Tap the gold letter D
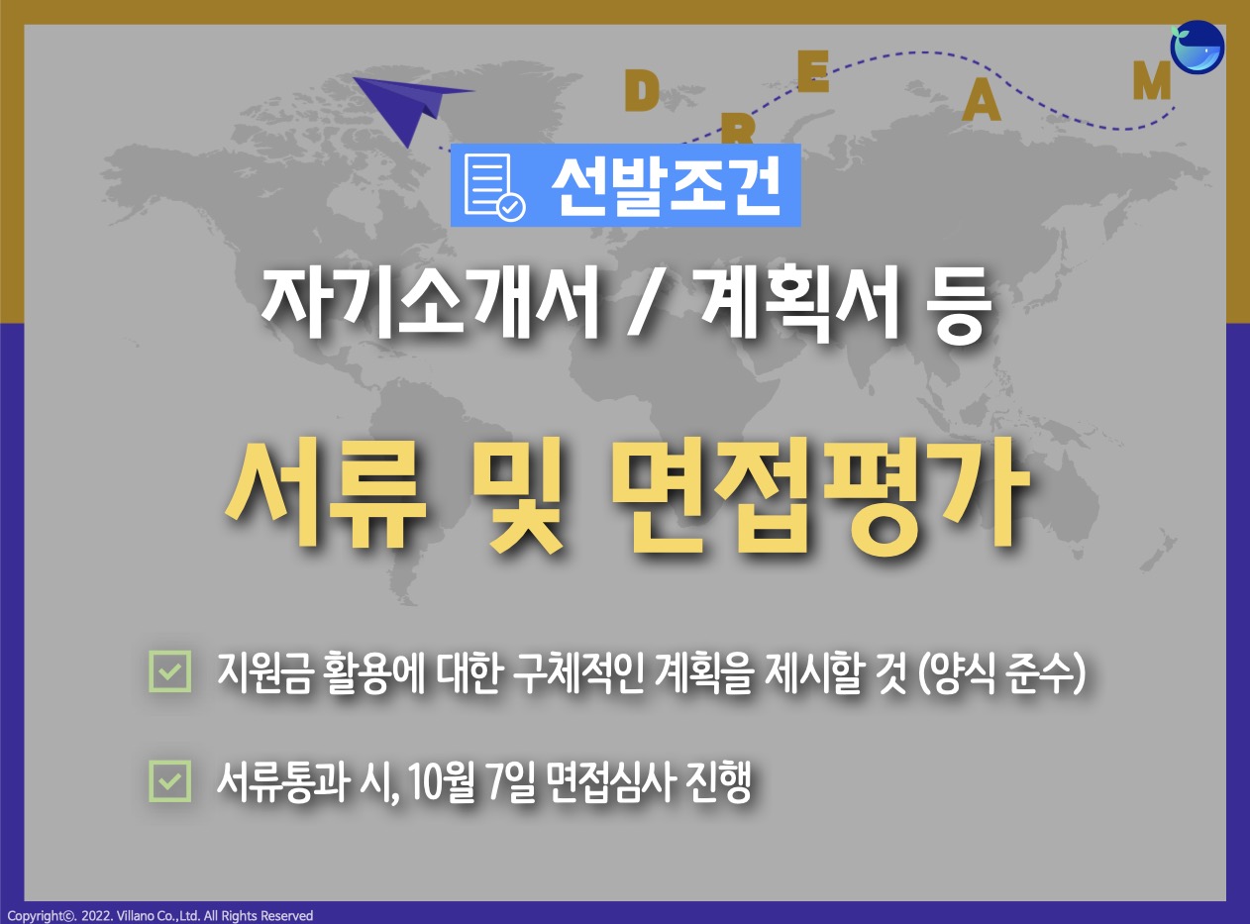point(642,92)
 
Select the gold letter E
point(812,71)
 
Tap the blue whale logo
point(1198,47)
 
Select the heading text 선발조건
point(667,185)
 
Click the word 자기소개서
point(430,304)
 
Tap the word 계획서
point(798,304)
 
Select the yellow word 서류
point(326,494)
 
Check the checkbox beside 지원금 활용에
point(170,671)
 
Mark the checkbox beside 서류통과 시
point(170,780)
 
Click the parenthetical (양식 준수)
point(1001,673)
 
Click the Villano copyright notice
point(160,915)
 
